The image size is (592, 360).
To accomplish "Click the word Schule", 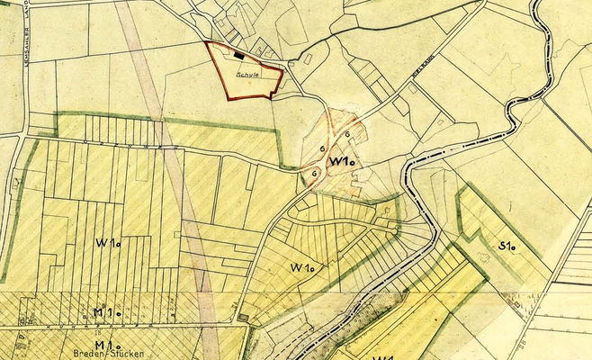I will (247, 76).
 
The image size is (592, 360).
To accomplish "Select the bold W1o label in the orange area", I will (339, 162).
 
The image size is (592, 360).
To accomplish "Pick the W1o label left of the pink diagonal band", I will (107, 243).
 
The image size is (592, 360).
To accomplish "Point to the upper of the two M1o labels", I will (107, 312).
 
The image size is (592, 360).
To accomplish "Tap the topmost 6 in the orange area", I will (347, 134).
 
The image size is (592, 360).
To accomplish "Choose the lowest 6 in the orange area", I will (314, 173).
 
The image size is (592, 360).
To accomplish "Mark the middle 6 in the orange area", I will (322, 146).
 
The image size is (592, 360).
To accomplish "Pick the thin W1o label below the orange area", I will (301, 268).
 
